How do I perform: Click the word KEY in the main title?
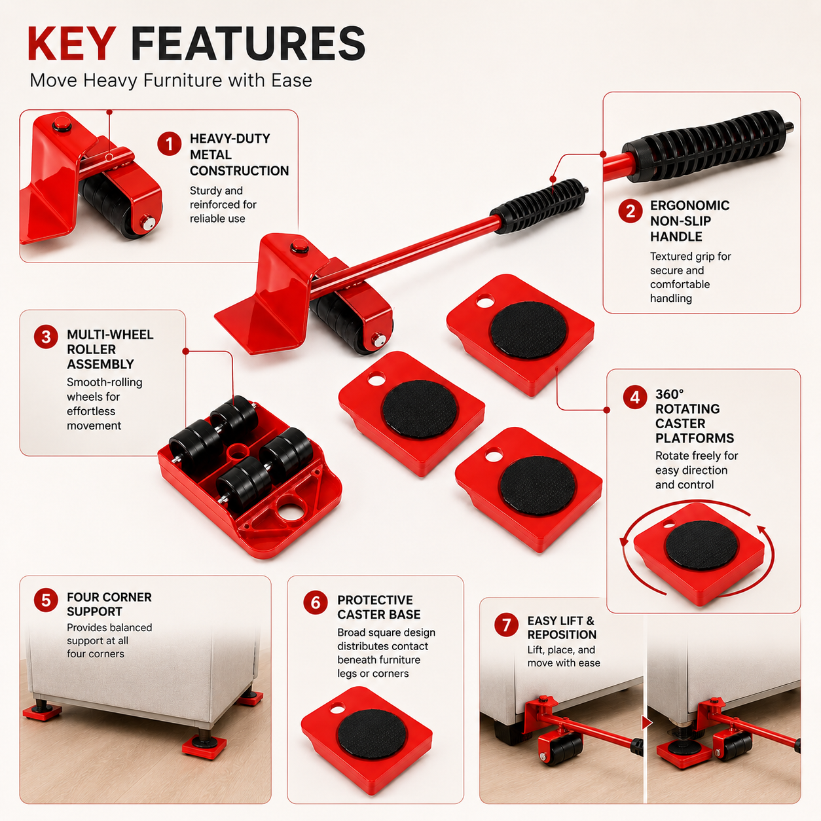(71, 43)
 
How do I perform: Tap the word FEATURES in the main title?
(248, 43)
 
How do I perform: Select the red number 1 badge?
(169, 143)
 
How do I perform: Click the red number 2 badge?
(630, 211)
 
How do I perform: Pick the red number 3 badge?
(46, 337)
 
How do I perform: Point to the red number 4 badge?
(635, 397)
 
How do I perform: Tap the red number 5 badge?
(46, 600)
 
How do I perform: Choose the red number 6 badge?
(316, 603)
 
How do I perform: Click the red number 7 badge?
(506, 625)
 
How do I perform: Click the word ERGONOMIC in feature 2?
(690, 206)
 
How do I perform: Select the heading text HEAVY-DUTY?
(230, 138)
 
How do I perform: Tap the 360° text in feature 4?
(670, 394)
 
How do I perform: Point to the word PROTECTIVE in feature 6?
(375, 600)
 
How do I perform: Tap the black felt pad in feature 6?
(373, 734)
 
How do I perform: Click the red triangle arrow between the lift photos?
(647, 723)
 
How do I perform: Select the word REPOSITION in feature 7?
(562, 634)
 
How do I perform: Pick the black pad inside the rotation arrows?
(701, 545)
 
